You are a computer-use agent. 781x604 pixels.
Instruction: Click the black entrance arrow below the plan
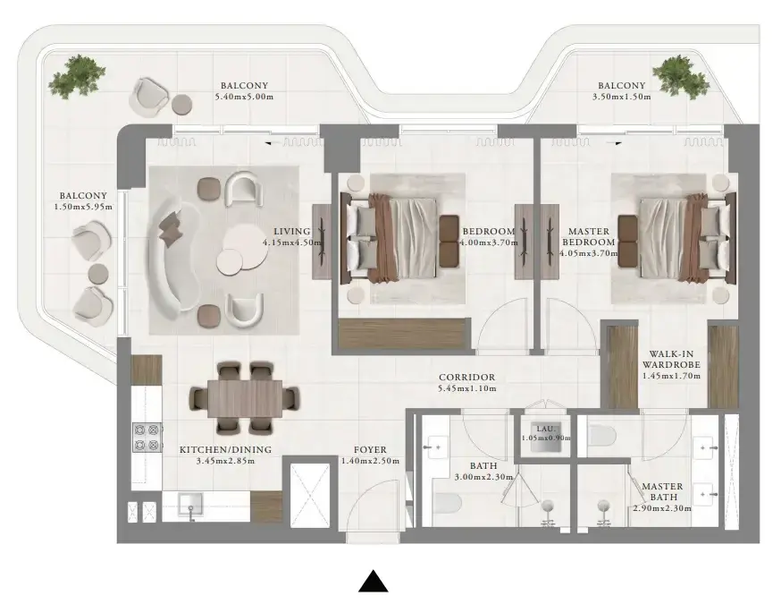pyautogui.click(x=373, y=581)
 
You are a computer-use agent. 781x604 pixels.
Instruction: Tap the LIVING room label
pyautogui.click(x=292, y=232)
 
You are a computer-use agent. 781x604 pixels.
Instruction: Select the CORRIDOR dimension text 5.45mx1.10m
pyautogui.click(x=467, y=388)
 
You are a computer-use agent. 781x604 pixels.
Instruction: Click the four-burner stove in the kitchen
pyautogui.click(x=147, y=437)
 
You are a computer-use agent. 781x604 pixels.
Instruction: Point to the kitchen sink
pyautogui.click(x=190, y=506)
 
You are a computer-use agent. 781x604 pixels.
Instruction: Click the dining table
pyautogui.click(x=244, y=398)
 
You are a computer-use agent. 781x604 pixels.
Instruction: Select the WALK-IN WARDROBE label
pyautogui.click(x=671, y=360)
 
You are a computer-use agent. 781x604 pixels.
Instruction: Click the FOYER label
pyautogui.click(x=370, y=450)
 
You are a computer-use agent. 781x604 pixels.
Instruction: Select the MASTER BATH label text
pyautogui.click(x=662, y=491)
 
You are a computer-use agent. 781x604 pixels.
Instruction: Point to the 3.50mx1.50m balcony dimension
pyautogui.click(x=622, y=97)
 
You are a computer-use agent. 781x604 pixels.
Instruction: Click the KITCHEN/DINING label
pyautogui.click(x=226, y=450)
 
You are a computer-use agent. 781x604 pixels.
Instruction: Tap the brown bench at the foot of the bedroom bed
pyautogui.click(x=449, y=241)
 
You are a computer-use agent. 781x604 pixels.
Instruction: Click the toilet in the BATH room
pyautogui.click(x=446, y=502)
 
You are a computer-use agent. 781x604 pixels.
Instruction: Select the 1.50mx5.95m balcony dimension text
pyautogui.click(x=83, y=207)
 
